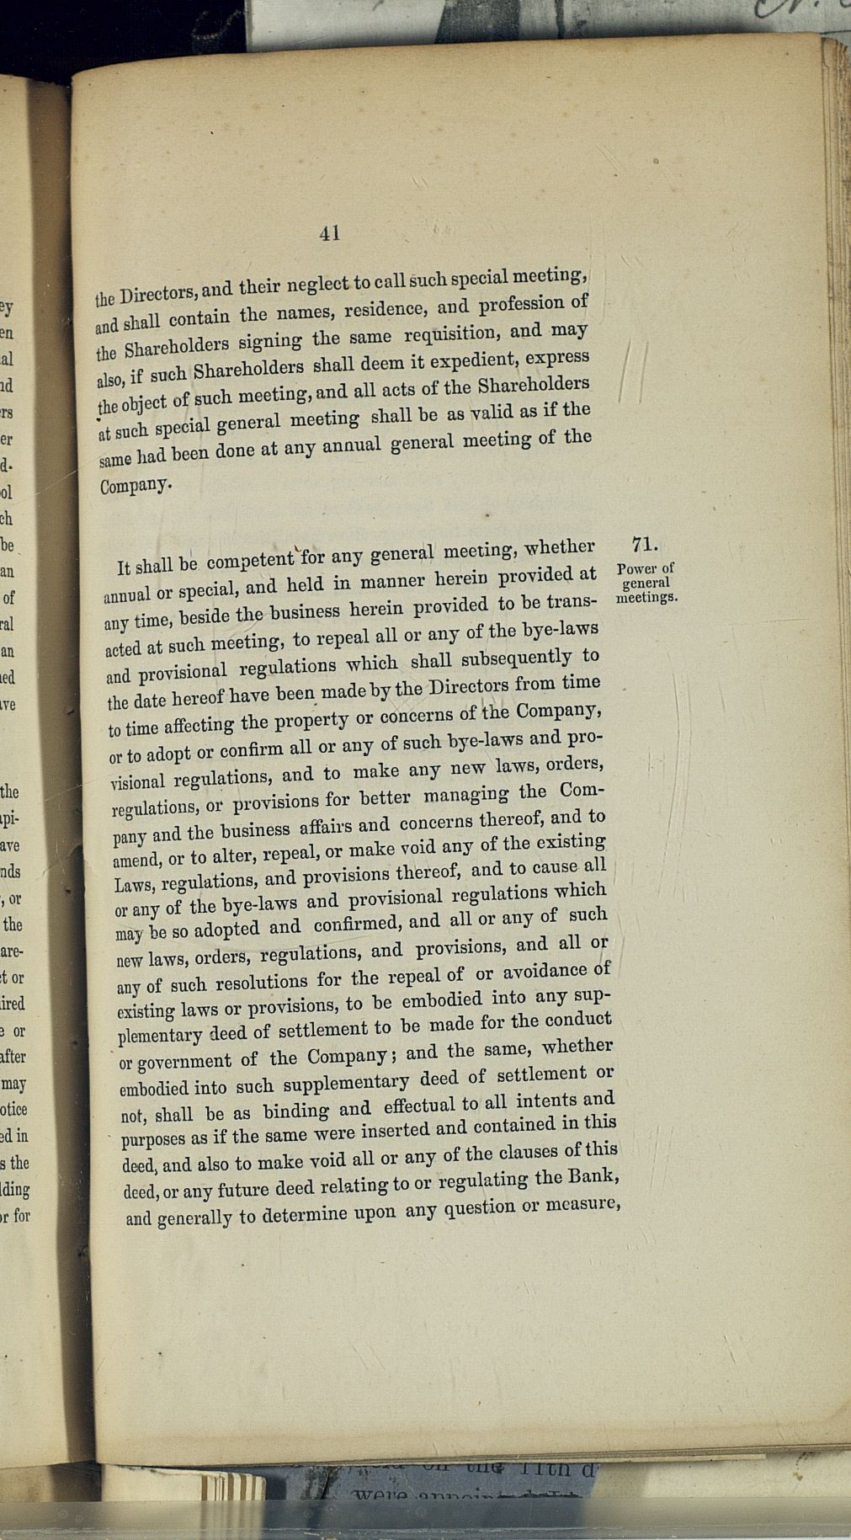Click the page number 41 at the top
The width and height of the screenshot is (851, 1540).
pyautogui.click(x=330, y=233)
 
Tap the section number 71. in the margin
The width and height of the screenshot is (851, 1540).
pyautogui.click(x=644, y=545)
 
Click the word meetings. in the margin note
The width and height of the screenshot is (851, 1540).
pyautogui.click(x=646, y=598)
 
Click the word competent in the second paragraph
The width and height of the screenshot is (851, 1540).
pyautogui.click(x=250, y=560)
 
